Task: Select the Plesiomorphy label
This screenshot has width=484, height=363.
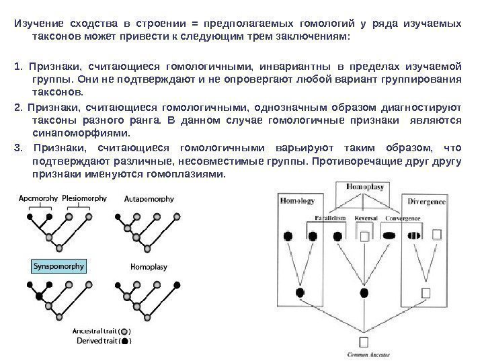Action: click(x=85, y=198)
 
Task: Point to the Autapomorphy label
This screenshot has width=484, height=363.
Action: click(x=150, y=199)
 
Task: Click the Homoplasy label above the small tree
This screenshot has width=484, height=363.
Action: click(x=149, y=267)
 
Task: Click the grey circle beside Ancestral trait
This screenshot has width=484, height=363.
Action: click(x=124, y=331)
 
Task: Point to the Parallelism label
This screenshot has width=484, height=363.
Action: click(x=330, y=218)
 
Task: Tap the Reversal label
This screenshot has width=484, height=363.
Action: click(x=366, y=218)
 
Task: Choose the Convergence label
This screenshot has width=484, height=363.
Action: click(x=403, y=218)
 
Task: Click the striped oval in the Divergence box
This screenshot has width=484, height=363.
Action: click(x=413, y=235)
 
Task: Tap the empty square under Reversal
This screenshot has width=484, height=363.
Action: click(x=365, y=236)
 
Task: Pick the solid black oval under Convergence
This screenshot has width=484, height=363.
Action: click(x=392, y=235)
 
